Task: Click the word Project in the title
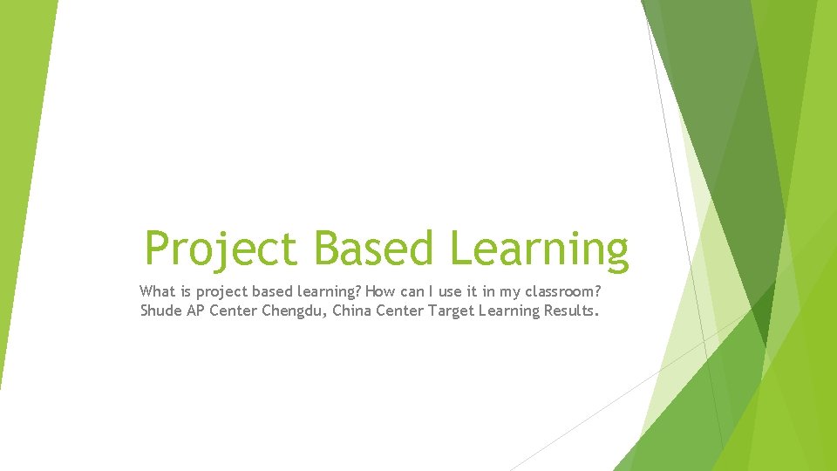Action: pyautogui.click(x=222, y=248)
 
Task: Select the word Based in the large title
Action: pyautogui.click(x=373, y=248)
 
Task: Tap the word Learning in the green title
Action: pyautogui.click(x=538, y=248)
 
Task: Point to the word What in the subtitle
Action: pyautogui.click(x=157, y=291)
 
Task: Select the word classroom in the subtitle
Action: pyautogui.click(x=559, y=291)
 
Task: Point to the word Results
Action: pyautogui.click(x=572, y=311)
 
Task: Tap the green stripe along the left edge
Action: pyautogui.click(x=22, y=174)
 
